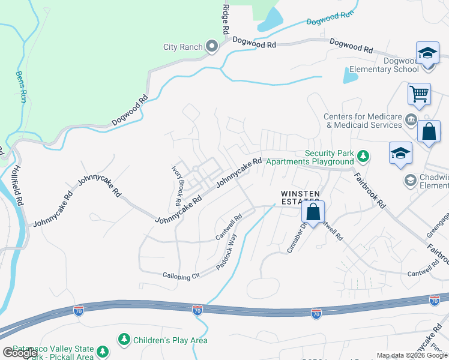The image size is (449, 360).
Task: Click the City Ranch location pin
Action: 211,47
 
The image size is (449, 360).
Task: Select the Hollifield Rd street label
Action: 16,186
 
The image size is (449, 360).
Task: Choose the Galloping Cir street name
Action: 180,277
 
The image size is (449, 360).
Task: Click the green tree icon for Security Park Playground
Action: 363,157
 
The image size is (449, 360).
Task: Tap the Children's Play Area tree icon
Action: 124,340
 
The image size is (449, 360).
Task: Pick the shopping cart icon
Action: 419,94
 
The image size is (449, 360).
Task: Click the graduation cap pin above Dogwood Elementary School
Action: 427,52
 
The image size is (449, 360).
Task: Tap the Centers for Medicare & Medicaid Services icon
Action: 411,119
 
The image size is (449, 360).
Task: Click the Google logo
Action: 20,353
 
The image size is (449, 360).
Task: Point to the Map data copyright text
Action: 411,355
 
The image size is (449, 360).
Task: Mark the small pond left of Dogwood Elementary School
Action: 349,75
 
